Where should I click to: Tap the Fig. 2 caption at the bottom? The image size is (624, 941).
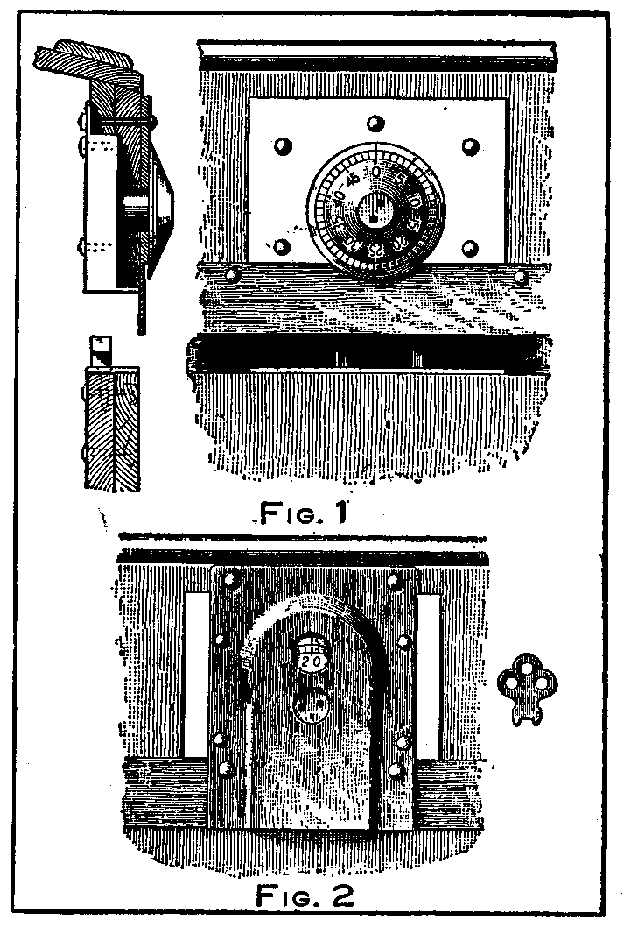(305, 895)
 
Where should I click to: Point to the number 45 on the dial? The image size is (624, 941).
(352, 180)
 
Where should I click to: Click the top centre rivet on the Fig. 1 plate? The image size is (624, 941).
(375, 121)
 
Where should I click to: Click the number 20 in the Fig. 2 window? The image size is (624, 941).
(311, 662)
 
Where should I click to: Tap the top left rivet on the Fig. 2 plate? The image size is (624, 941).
(231, 579)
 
